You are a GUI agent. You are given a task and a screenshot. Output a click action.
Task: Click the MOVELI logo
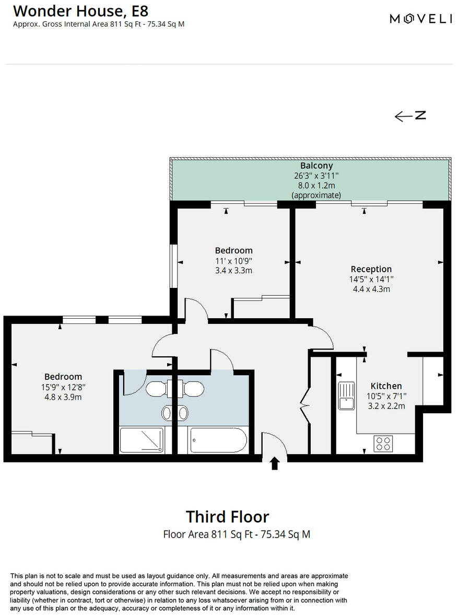pos(421,19)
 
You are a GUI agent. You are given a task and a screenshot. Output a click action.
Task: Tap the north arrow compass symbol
pos(410,116)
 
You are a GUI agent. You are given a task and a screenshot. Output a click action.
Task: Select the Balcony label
pos(316,166)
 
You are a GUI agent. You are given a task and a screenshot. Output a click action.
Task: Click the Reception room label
pos(371,269)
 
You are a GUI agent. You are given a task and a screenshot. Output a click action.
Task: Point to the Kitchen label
pos(386,386)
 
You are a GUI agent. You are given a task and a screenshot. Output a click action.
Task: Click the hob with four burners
pos(383,443)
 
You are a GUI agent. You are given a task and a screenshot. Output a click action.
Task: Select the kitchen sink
pos(346,396)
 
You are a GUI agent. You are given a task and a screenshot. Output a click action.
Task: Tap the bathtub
pos(218,440)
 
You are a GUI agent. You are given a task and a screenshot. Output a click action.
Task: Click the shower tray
pos(142,439)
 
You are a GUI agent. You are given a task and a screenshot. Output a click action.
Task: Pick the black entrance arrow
pos(275,463)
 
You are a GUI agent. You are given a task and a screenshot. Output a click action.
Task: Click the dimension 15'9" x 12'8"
pos(63,387)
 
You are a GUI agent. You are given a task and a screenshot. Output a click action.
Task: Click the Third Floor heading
pos(228,517)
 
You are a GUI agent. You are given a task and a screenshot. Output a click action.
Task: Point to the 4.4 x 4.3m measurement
pos(371,289)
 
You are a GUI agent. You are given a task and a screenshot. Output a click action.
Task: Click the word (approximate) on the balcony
pos(316,195)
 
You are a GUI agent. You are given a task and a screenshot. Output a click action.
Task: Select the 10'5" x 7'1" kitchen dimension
pos(386,396)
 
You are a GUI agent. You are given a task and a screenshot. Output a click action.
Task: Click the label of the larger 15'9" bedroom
pos(63,377)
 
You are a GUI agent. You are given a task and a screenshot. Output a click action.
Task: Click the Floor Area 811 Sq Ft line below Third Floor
pos(237,535)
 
